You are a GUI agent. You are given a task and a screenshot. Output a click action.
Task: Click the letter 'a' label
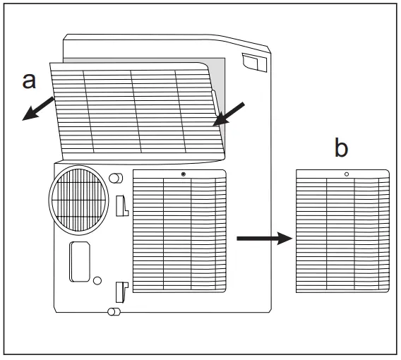point(29,80)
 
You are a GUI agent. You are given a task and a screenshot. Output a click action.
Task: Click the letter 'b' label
point(341,149)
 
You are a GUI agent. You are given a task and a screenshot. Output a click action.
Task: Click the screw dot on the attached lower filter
point(184,174)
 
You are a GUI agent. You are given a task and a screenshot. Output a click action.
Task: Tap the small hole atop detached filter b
point(346,174)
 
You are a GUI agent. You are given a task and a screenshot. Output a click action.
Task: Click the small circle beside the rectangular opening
point(97,280)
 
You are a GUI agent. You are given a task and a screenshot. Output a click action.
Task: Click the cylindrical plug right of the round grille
point(116,178)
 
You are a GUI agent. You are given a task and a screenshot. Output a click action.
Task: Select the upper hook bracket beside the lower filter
point(121,205)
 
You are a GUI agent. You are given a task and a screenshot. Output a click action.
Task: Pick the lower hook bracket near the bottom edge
point(121,289)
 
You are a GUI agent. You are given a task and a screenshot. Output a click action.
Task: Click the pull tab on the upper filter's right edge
point(214,103)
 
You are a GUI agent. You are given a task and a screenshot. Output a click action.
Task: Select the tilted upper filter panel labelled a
point(134,109)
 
